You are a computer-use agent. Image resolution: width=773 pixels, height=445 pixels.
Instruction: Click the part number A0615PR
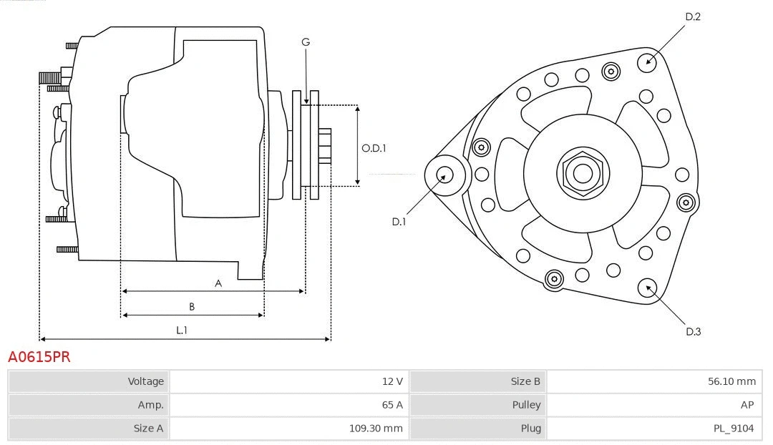tap(39, 356)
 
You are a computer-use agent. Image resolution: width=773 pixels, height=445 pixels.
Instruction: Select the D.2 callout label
tap(692, 16)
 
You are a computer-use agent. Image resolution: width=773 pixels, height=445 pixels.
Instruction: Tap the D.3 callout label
tap(693, 331)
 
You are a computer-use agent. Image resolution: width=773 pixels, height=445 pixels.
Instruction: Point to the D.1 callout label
tap(399, 222)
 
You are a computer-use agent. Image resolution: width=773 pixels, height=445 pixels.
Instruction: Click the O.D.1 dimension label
tap(374, 148)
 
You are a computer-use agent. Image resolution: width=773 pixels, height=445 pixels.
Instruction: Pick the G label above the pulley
tap(306, 42)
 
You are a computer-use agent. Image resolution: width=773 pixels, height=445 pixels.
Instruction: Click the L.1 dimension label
tap(182, 330)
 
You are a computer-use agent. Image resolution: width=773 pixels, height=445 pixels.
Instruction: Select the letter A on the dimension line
tap(218, 283)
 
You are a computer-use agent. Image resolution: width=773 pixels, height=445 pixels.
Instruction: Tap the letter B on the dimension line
tap(192, 307)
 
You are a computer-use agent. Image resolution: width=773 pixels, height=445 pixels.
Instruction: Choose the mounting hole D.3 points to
tap(648, 288)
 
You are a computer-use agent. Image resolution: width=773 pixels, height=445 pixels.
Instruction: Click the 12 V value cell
tap(289, 381)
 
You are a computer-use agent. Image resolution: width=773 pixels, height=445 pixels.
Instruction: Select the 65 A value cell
tap(289, 405)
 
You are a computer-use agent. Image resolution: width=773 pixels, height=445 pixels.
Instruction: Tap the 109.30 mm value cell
tap(289, 429)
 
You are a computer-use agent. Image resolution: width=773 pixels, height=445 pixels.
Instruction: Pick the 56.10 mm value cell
tap(653, 381)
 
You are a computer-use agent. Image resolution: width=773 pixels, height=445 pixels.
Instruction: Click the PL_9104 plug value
tap(653, 429)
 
